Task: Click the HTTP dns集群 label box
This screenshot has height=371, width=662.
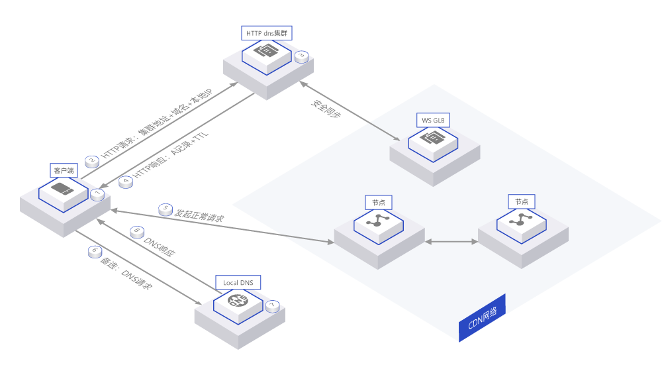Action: point(266,32)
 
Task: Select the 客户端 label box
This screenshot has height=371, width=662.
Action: point(64,170)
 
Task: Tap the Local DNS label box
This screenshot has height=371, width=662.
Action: point(238,283)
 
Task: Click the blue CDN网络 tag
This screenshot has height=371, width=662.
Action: point(482,318)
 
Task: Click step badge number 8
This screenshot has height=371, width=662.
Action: point(137,232)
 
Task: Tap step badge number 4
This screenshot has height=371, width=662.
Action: point(126,182)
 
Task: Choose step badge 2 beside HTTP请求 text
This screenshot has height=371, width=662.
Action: point(92,160)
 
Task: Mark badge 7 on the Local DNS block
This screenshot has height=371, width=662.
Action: point(272,306)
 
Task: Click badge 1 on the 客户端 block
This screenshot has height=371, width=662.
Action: point(97,194)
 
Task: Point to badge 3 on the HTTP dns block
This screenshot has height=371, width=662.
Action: point(301,57)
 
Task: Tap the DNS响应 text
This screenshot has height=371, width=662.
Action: point(160,246)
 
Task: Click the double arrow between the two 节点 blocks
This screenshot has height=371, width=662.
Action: point(451,242)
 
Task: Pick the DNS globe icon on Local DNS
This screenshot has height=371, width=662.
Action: point(237,301)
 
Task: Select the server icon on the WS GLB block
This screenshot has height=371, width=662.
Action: point(432,137)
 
